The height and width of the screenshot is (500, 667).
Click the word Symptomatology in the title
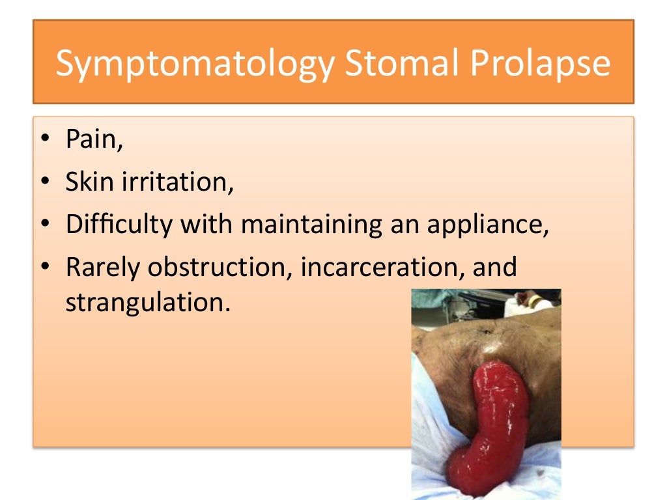click(x=195, y=63)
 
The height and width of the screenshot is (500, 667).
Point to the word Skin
click(x=90, y=182)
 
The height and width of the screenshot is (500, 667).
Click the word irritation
click(x=177, y=182)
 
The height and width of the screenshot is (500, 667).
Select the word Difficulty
click(x=119, y=225)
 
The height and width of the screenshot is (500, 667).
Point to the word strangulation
click(x=147, y=303)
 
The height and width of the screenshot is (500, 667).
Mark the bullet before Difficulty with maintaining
click(x=45, y=225)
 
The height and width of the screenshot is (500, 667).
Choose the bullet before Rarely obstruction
click(x=45, y=268)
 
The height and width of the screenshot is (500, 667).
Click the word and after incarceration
click(x=494, y=267)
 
